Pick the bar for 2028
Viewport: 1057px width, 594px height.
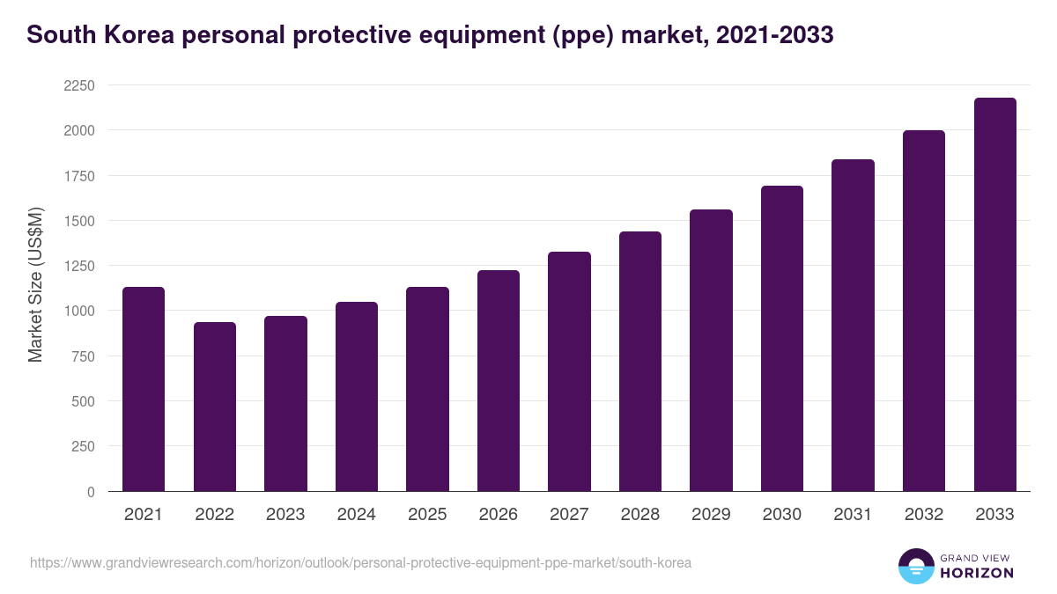640,361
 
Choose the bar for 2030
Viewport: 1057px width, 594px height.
782,339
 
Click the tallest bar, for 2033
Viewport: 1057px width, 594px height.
994,295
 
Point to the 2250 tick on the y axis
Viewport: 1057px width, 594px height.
78,85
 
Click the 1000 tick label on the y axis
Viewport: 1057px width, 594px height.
78,311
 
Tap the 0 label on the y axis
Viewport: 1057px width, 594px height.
90,492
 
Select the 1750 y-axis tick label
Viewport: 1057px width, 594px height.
78,176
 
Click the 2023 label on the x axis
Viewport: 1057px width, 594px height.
285,515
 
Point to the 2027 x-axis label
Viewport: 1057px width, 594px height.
569,515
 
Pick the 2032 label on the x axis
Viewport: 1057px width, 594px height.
924,515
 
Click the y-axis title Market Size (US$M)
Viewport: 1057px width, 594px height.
35,283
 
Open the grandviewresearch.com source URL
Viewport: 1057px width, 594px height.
360,562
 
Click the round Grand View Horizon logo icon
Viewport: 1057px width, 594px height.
915,566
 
